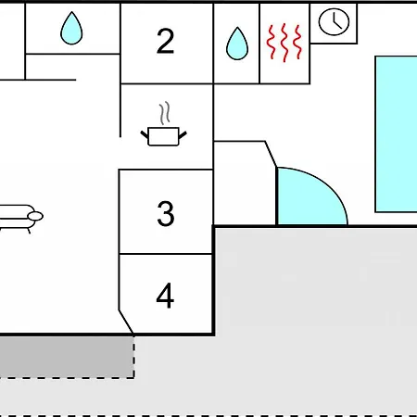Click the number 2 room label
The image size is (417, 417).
coord(165,41)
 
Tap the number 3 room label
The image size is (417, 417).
coord(166,213)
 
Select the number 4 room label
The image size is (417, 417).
coord(165,296)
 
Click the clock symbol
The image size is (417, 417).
coord(334,22)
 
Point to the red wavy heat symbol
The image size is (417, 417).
coord(284,43)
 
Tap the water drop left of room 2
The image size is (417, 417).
coord(71,28)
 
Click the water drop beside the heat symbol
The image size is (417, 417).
coord(237,44)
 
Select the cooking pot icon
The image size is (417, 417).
coord(163,136)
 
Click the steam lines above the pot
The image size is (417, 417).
coord(165,113)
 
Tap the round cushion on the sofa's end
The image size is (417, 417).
coord(35,216)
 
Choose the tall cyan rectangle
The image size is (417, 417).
coord(396,134)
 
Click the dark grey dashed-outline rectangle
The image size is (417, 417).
coord(67,357)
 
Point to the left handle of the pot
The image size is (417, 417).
coord(145,134)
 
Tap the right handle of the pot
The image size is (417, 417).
coord(183,135)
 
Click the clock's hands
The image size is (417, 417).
coord(337,21)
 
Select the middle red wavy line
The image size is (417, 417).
coord(284,43)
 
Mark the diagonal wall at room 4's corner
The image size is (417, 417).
coord(126,322)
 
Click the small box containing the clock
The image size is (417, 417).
coord(334,23)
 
